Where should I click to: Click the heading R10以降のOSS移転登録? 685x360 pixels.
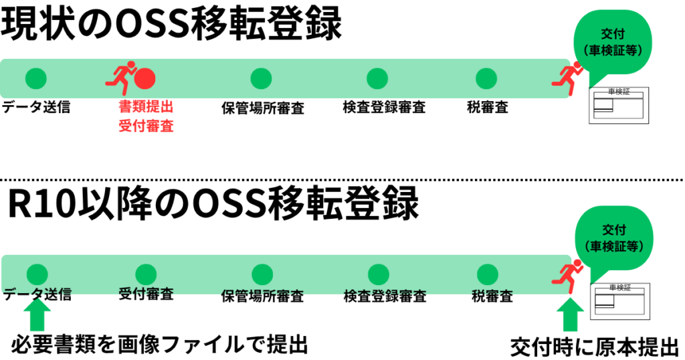[x=213, y=205]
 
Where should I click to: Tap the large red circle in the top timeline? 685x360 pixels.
[x=145, y=79]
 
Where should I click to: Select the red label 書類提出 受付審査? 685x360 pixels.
[x=146, y=116]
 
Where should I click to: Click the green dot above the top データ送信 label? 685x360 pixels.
[x=36, y=78]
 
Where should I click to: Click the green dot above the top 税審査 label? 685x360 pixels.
[x=486, y=78]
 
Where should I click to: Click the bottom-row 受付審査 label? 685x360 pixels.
[x=146, y=294]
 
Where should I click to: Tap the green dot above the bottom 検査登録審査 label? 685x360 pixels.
[x=379, y=274]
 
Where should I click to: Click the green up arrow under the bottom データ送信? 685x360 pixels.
[x=37, y=315]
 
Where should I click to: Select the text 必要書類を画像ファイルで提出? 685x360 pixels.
[x=159, y=345]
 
